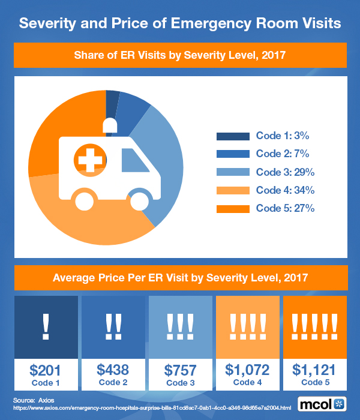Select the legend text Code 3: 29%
[286, 172]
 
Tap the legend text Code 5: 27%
[286, 208]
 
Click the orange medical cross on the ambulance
[88, 160]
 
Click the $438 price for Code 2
[112, 369]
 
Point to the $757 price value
[180, 369]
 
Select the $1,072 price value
[248, 369]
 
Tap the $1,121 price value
[314, 369]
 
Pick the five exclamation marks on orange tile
[314, 325]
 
